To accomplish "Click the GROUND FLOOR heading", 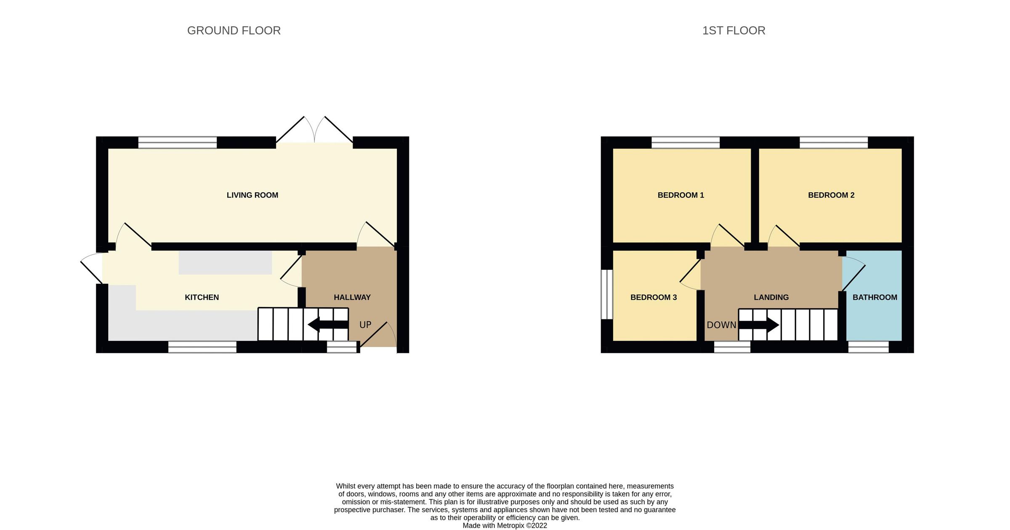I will (234, 31).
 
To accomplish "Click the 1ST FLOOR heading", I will (734, 31).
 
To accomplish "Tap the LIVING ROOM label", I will (252, 195).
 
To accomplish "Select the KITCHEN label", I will (202, 298).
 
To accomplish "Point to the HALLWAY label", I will (352, 298).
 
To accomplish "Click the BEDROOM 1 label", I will (680, 195).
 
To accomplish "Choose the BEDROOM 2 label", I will (831, 195).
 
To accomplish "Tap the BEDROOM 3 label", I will (653, 298).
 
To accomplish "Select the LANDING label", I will (771, 298).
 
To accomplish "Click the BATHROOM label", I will (874, 298).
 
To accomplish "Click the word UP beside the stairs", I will (365, 325).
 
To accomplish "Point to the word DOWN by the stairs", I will (721, 325).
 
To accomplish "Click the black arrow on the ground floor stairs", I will (327, 325).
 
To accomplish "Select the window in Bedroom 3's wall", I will (606, 294).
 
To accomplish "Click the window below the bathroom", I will (868, 347).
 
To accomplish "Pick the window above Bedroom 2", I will (833, 142).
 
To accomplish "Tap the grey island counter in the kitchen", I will (225, 263).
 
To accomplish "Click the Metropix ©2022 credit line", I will (505, 525).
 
